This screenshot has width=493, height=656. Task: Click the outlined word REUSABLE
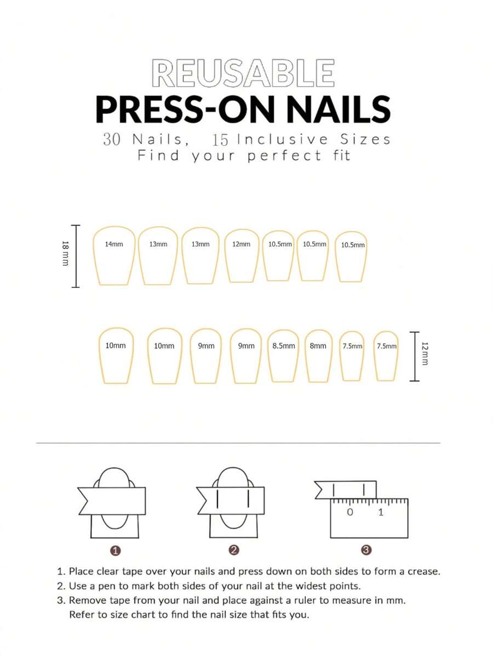243,73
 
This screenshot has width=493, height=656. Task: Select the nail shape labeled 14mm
114,256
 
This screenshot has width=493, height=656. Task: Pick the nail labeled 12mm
242,256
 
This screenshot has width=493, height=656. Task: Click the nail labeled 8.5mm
283,355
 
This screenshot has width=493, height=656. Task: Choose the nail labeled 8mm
318,355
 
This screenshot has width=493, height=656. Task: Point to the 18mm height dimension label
65,253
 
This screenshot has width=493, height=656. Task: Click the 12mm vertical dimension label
425,354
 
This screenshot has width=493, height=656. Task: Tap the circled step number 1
116,550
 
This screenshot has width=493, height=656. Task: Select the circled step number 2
234,550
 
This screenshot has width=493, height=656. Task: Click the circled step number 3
366,550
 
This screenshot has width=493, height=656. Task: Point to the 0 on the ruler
350,512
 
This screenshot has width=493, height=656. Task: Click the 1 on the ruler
381,512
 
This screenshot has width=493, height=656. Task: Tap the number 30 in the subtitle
112,139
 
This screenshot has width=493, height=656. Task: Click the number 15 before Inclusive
220,140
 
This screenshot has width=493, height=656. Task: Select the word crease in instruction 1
422,572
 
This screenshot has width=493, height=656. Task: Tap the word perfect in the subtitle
285,156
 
